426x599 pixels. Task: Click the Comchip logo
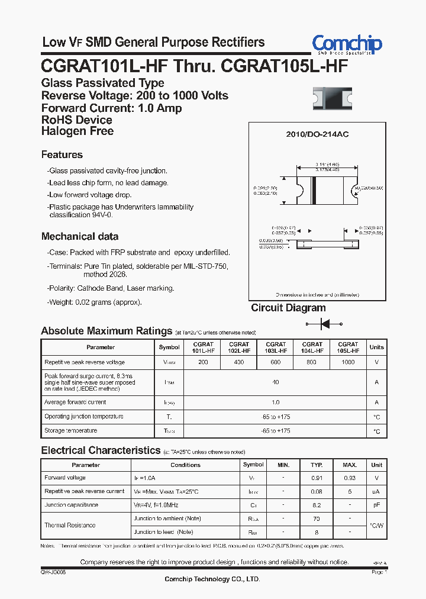tap(347, 44)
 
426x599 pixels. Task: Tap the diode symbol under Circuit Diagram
tap(324, 324)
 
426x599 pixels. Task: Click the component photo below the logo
tap(332, 98)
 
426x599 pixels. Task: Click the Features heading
tap(62, 155)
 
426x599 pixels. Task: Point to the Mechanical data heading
tap(80, 237)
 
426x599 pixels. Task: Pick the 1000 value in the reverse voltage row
tap(348, 362)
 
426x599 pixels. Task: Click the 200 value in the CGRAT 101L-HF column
tap(203, 362)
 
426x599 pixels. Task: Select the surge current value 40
tap(275, 382)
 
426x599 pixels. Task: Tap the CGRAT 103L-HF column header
tap(276, 347)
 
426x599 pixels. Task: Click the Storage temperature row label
tap(71, 431)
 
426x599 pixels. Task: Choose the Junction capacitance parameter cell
tap(71, 505)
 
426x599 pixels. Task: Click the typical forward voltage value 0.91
tap(317, 478)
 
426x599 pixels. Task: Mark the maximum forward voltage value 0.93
tap(350, 478)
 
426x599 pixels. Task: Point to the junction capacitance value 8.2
tap(317, 505)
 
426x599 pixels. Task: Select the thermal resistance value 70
tap(317, 519)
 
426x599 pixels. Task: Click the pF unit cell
tap(377, 505)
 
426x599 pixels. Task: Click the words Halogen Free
tap(78, 131)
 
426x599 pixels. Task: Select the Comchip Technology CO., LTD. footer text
tap(212, 579)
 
